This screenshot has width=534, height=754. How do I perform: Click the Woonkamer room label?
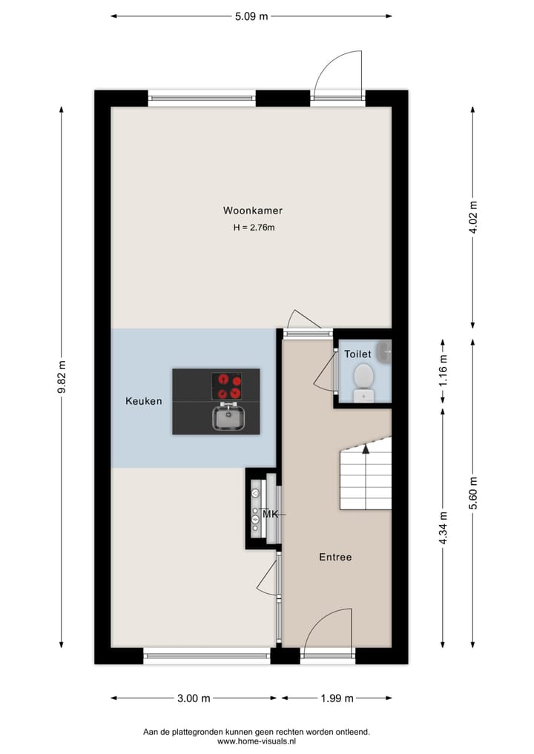[252, 210]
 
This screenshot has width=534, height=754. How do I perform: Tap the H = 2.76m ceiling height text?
[254, 228]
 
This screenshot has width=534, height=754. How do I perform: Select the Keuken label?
[143, 401]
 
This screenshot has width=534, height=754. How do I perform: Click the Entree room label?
[335, 557]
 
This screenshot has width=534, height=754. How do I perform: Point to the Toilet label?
[357, 354]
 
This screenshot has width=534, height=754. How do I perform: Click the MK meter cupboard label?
[270, 513]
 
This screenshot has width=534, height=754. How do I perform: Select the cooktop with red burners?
[227, 386]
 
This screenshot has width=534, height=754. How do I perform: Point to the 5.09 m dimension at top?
[251, 16]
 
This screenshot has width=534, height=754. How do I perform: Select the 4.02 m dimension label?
[473, 217]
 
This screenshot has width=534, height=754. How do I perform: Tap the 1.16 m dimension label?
[444, 372]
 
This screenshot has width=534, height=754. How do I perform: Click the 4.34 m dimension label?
[444, 528]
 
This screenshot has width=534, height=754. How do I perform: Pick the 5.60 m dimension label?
[473, 492]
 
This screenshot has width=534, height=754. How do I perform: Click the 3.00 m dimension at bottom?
[194, 698]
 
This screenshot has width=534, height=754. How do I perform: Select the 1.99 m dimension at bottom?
[337, 698]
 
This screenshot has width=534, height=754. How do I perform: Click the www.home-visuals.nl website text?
[256, 741]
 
